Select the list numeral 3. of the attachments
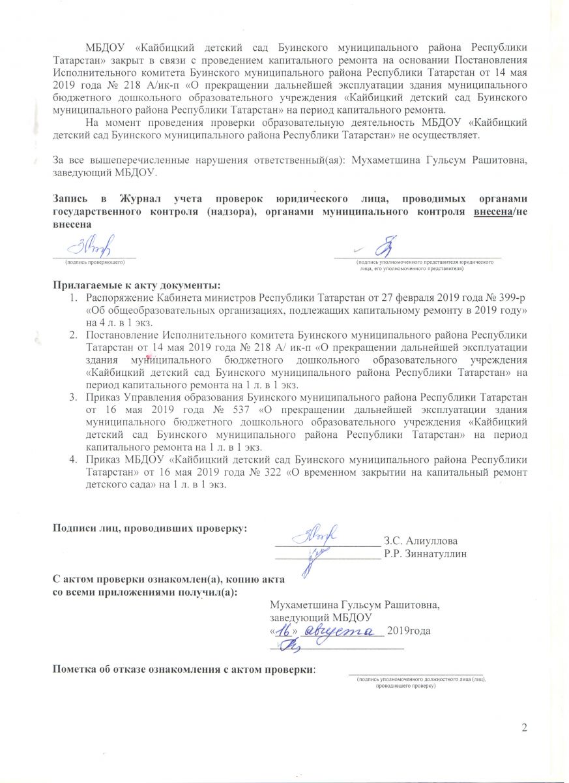74,397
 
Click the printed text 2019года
409,631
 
